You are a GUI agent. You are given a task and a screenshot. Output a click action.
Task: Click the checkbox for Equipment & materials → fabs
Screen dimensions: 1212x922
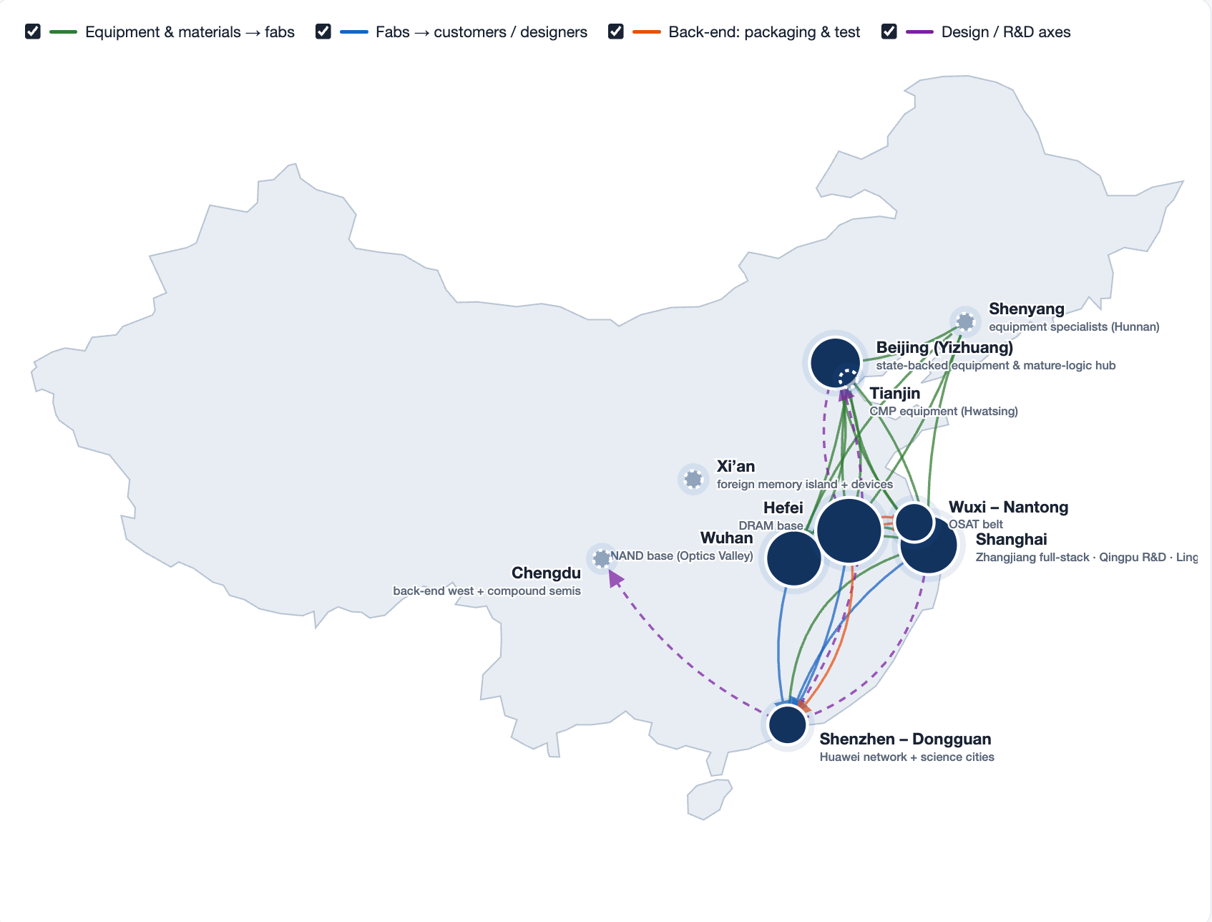pyautogui.click(x=32, y=31)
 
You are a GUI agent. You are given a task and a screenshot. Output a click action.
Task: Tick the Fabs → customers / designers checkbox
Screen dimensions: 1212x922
pyautogui.click(x=323, y=31)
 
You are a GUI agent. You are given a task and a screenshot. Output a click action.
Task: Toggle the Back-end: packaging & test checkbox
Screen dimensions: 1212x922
pyautogui.click(x=615, y=31)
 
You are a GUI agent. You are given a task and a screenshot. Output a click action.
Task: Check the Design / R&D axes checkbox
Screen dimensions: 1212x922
pyautogui.click(x=889, y=31)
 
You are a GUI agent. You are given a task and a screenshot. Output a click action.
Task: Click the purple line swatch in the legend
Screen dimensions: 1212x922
pyautogui.click(x=919, y=31)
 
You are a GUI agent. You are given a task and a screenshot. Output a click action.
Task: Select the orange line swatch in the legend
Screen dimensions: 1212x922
pyautogui.click(x=647, y=31)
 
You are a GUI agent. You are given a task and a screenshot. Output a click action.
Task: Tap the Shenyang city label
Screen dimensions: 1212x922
pyautogui.click(x=1026, y=309)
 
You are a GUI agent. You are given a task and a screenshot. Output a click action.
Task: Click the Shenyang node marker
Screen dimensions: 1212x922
pyautogui.click(x=965, y=321)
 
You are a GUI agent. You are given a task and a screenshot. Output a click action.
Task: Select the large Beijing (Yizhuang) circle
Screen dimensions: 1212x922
pyautogui.click(x=834, y=362)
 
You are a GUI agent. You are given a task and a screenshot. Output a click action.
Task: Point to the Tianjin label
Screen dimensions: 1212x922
pyautogui.click(x=894, y=393)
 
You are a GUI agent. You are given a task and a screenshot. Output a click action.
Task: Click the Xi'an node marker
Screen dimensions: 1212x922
pyautogui.click(x=693, y=478)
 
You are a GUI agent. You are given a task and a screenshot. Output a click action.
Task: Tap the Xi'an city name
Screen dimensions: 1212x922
pyautogui.click(x=735, y=466)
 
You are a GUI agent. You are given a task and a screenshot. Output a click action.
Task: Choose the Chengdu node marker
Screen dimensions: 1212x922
pyautogui.click(x=602, y=558)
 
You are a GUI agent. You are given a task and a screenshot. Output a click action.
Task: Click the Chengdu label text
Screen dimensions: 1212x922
pyautogui.click(x=546, y=573)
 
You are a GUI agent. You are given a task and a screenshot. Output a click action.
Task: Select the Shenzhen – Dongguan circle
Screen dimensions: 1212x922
pyautogui.click(x=788, y=724)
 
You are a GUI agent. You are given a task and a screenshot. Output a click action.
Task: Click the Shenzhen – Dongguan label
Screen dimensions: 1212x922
pyautogui.click(x=905, y=739)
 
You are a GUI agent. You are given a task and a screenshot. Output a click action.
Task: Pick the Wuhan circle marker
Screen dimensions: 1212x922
pyautogui.click(x=794, y=558)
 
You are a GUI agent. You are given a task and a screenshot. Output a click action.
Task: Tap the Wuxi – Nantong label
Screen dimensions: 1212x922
pyautogui.click(x=1008, y=507)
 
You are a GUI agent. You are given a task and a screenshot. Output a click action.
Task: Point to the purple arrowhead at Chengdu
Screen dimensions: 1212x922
pyautogui.click(x=615, y=578)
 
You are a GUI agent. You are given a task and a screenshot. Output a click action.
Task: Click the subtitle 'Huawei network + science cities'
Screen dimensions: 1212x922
pyautogui.click(x=906, y=757)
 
